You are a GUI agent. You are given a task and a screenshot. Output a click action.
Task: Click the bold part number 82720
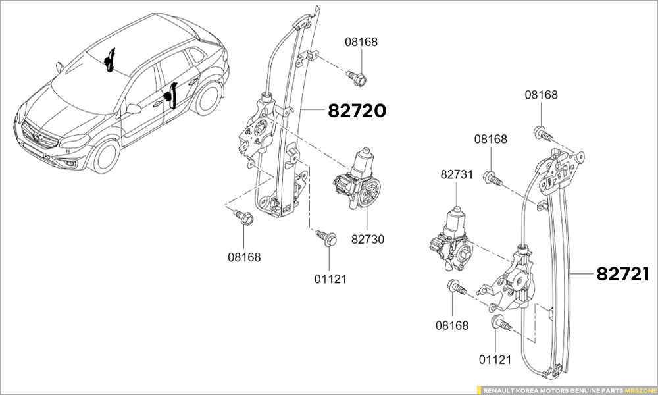pyautogui.click(x=357, y=111)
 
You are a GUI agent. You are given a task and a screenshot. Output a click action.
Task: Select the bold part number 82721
pyautogui.click(x=623, y=274)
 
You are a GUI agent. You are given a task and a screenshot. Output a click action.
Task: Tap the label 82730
pyautogui.click(x=367, y=240)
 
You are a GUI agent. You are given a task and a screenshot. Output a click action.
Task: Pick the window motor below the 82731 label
pyautogui.click(x=451, y=241)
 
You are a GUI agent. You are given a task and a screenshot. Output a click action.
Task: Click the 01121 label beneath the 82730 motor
pyautogui.click(x=330, y=279)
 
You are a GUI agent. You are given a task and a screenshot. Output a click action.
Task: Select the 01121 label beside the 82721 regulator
pyautogui.click(x=494, y=359)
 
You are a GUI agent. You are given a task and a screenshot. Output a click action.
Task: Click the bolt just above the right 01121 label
pyautogui.click(x=501, y=324)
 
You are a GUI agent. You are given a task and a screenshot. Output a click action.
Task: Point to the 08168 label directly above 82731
pyautogui.click(x=491, y=139)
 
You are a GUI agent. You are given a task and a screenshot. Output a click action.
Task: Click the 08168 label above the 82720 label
pyautogui.click(x=361, y=42)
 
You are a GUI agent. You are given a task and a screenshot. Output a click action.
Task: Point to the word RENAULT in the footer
pyautogui.click(x=498, y=390)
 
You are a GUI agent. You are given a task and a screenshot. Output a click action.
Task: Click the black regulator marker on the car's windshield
pyautogui.click(x=110, y=61)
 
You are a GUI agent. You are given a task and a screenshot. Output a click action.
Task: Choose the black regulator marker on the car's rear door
pyautogui.click(x=172, y=95)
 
